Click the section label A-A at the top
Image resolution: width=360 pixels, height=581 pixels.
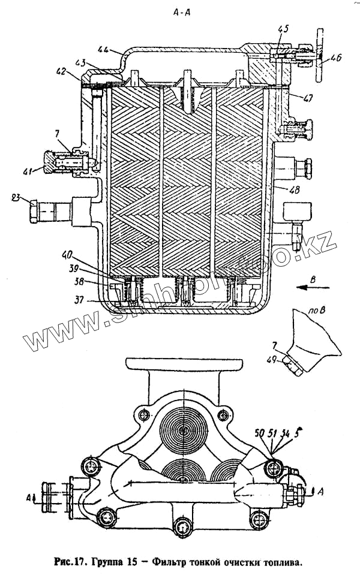click(181, 10)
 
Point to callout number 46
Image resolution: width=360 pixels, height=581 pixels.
click(335, 58)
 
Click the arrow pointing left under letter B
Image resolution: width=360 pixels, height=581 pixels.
click(314, 288)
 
